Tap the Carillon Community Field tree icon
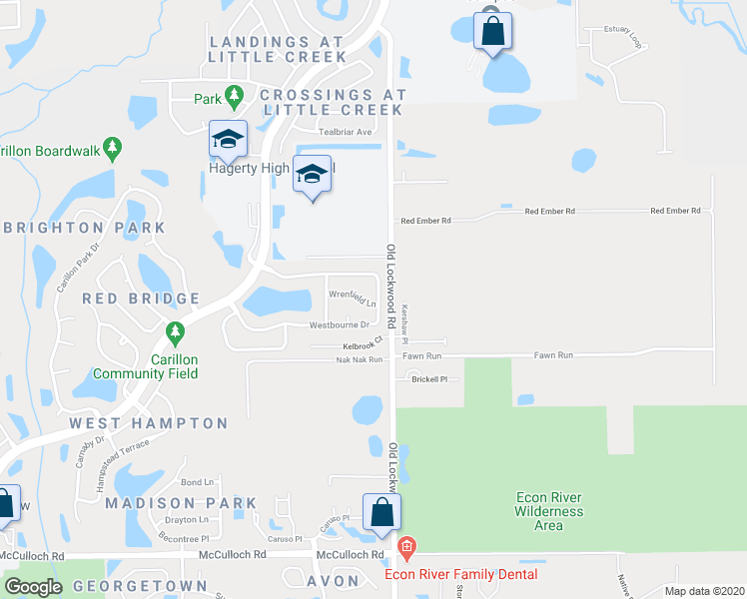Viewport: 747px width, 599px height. (175, 331)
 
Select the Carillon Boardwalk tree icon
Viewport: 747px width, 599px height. (112, 150)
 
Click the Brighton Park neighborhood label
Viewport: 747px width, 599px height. (83, 228)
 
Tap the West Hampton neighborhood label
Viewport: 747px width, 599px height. (149, 423)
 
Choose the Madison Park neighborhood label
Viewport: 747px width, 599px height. (182, 503)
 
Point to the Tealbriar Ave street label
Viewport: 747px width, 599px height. (345, 132)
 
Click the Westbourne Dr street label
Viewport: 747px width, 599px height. (339, 324)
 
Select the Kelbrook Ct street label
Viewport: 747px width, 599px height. (363, 345)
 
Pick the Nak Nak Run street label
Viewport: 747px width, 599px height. (360, 359)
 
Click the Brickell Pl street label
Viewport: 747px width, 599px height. (429, 379)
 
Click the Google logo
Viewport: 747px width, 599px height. (33, 586)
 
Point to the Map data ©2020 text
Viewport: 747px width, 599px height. (703, 591)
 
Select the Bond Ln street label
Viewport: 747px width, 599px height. (198, 482)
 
